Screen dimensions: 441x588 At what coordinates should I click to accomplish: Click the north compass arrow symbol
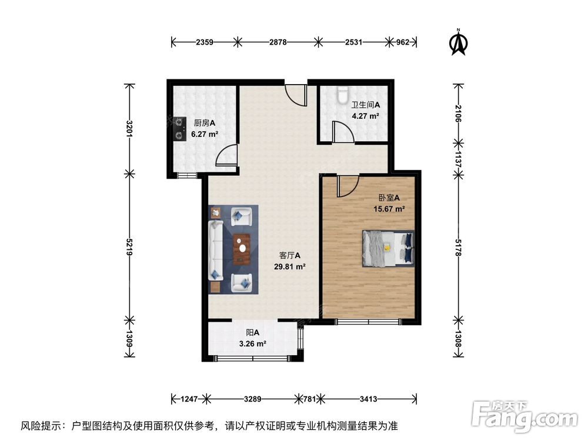click(459, 43)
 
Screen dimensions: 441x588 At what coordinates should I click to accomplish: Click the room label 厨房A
click(204, 123)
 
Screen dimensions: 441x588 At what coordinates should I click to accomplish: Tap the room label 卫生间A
click(365, 105)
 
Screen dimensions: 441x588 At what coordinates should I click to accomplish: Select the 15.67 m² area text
click(389, 209)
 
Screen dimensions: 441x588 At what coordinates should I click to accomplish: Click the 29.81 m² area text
click(290, 266)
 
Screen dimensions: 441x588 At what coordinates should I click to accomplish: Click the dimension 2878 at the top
click(277, 42)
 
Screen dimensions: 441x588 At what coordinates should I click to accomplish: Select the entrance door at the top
click(296, 94)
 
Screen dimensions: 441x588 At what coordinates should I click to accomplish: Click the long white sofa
click(215, 249)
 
